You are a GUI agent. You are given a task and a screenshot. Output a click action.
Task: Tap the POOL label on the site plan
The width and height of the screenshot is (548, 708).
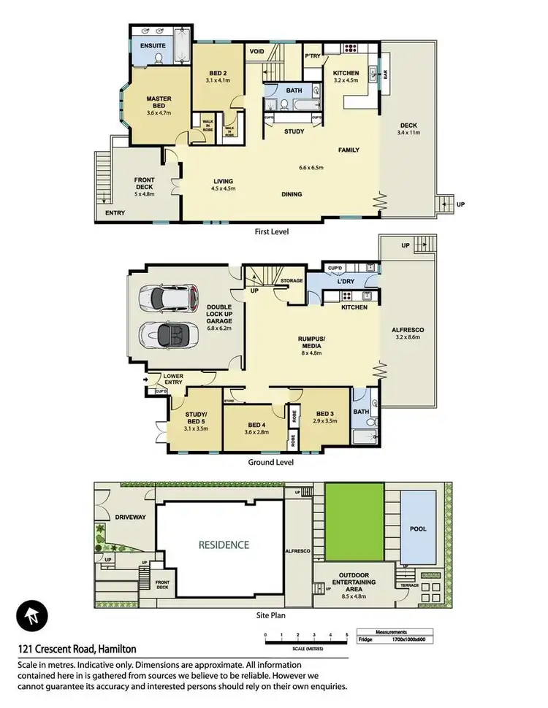(x=418, y=528)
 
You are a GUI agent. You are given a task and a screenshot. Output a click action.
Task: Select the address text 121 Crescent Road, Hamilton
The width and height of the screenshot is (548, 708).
(x=77, y=648)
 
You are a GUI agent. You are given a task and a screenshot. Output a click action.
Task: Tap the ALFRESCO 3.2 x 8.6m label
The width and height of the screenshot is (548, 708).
(x=409, y=334)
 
